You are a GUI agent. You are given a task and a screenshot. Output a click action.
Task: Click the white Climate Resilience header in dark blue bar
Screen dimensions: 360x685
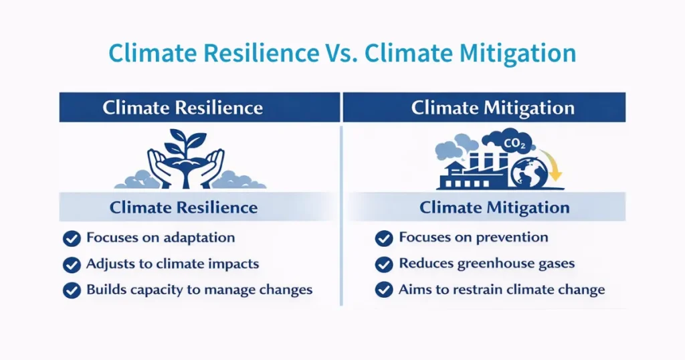click(x=183, y=108)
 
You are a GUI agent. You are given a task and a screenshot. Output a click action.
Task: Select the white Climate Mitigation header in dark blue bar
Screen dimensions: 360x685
click(x=492, y=108)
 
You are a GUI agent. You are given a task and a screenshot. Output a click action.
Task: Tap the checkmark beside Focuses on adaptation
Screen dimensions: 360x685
click(x=72, y=239)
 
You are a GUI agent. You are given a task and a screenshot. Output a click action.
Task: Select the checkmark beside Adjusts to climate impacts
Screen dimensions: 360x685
click(x=72, y=265)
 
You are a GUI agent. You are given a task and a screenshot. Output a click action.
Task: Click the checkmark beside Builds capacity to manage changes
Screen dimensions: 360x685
click(x=72, y=291)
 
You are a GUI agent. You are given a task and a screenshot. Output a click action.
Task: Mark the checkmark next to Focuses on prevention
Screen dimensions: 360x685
click(x=384, y=238)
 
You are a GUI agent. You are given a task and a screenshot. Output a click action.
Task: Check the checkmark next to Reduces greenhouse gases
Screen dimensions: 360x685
click(x=384, y=264)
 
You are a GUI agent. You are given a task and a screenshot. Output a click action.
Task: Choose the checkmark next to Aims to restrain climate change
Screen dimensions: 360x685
click(x=384, y=290)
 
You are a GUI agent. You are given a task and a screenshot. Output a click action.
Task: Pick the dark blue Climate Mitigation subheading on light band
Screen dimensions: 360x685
click(x=494, y=207)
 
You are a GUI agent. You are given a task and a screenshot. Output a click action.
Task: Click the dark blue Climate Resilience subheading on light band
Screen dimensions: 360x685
click(x=183, y=207)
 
